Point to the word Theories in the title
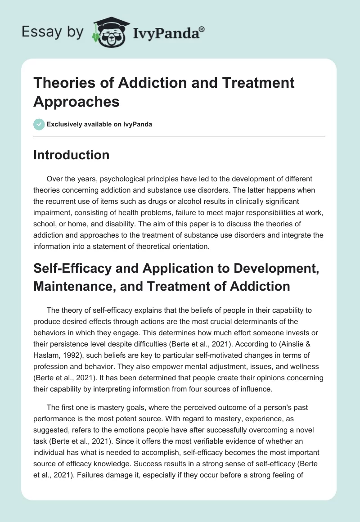point(64,83)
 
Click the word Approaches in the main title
point(76,102)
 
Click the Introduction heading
point(71,155)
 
